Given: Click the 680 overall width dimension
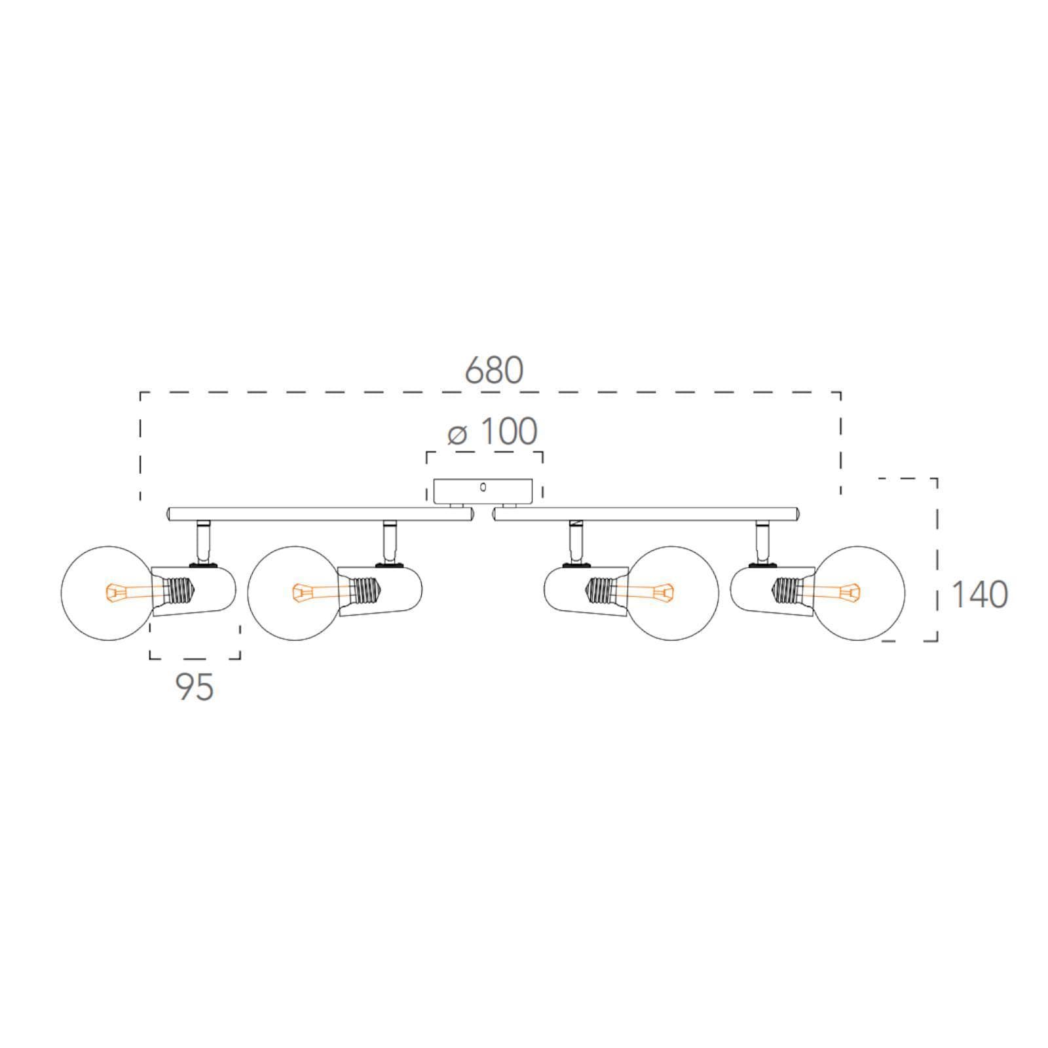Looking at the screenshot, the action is click(x=494, y=370).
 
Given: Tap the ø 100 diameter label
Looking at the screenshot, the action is click(x=493, y=432).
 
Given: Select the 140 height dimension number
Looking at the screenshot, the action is click(x=979, y=595).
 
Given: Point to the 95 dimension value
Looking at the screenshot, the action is click(x=195, y=686).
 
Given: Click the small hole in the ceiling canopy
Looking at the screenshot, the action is click(x=483, y=487).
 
